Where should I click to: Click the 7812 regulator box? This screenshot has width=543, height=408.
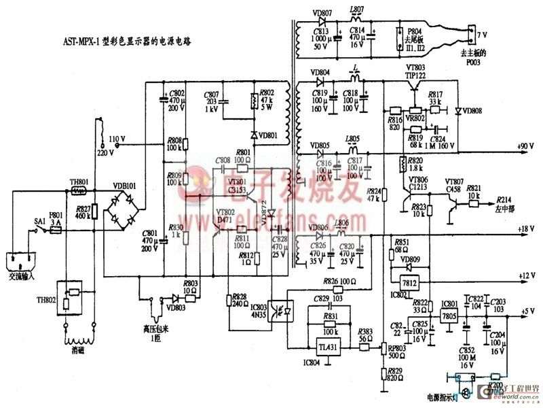[409, 283]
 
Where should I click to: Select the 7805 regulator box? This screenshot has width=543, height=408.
[449, 316]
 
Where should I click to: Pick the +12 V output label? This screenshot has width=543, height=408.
[527, 275]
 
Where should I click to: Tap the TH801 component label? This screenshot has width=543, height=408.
[79, 182]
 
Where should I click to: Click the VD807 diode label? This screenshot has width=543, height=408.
[320, 13]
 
